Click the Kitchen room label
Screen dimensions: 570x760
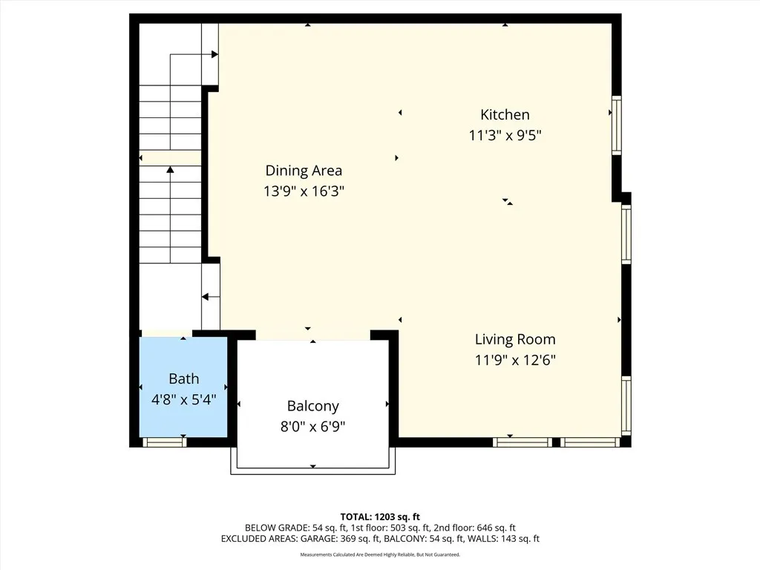tap(505, 114)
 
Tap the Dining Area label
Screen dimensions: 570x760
tap(304, 171)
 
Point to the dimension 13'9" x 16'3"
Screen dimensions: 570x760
tap(304, 191)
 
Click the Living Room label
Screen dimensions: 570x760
tap(515, 339)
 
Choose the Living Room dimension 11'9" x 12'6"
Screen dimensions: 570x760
tap(515, 361)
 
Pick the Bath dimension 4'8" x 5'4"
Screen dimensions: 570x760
tap(183, 399)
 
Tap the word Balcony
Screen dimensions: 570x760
tap(312, 406)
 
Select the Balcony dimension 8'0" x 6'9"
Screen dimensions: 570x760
tap(312, 427)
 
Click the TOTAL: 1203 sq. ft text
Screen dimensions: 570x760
tap(380, 517)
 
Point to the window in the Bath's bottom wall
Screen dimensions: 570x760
tap(164, 442)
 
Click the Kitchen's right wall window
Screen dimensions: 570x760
tap(616, 125)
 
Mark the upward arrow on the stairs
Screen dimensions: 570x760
tap(170, 170)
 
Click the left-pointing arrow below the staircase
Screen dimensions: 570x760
tap(206, 297)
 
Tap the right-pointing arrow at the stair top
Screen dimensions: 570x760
tap(214, 54)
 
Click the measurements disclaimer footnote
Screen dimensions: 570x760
tap(380, 555)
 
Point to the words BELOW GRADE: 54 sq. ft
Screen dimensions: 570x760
tap(289, 528)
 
